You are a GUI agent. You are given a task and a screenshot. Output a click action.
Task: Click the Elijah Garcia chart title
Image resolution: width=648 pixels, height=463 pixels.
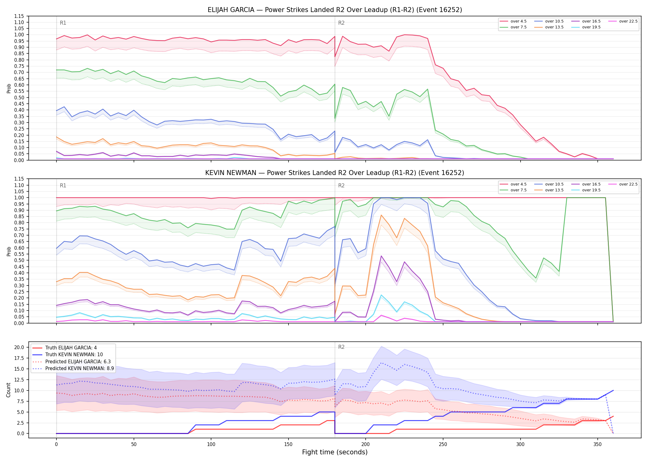click(x=335, y=10)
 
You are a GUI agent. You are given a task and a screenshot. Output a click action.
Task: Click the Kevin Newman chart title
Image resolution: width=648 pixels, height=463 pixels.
click(x=335, y=173)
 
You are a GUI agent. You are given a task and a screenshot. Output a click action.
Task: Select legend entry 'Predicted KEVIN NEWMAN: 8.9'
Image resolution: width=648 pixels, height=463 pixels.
click(x=73, y=369)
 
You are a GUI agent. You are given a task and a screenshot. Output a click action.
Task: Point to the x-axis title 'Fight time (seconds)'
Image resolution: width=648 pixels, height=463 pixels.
click(x=335, y=452)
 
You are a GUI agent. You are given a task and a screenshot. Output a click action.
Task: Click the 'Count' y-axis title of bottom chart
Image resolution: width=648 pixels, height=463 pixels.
click(x=9, y=390)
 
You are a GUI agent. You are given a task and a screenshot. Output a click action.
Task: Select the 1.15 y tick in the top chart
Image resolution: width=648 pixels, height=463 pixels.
click(x=19, y=16)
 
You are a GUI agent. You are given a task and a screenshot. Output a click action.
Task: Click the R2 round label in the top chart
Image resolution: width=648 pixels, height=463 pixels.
click(x=341, y=23)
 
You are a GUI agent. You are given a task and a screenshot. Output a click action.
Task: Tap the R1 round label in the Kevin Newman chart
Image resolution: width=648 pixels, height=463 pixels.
click(x=63, y=186)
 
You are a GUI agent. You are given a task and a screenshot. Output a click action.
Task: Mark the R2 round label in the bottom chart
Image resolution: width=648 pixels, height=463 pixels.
click(x=341, y=347)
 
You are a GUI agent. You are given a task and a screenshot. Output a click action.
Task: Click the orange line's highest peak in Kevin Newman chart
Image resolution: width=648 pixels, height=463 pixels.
click(x=381, y=215)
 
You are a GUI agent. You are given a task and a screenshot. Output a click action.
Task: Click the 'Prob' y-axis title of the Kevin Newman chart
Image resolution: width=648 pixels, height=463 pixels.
click(x=9, y=251)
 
